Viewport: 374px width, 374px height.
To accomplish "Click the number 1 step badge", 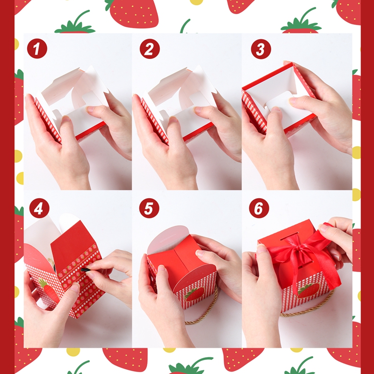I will [x=37, y=49].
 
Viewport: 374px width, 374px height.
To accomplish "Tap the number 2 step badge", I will [x=148, y=49].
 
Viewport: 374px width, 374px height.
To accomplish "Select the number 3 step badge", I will [x=260, y=49].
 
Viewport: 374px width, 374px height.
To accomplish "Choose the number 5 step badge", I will [x=148, y=208].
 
